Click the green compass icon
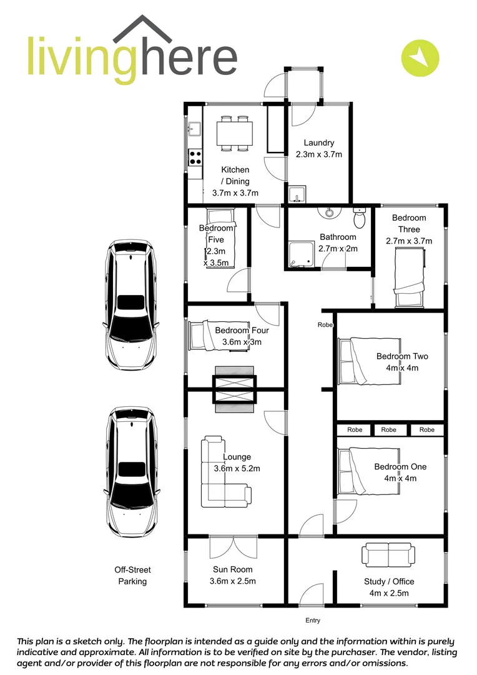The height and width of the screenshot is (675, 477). point(420,57)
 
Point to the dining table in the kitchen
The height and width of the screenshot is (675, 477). point(234,133)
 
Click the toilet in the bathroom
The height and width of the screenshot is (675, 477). point(359,219)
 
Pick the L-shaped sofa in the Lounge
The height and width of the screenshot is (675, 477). point(222,472)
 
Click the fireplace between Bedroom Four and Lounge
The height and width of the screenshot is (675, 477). point(234,389)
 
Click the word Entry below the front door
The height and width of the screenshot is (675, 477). point(312,621)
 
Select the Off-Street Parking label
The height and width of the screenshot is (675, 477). point(132,576)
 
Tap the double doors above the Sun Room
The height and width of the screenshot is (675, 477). point(233,547)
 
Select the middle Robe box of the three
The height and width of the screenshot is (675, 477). point(388,430)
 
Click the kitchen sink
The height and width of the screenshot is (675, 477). point(194,129)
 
